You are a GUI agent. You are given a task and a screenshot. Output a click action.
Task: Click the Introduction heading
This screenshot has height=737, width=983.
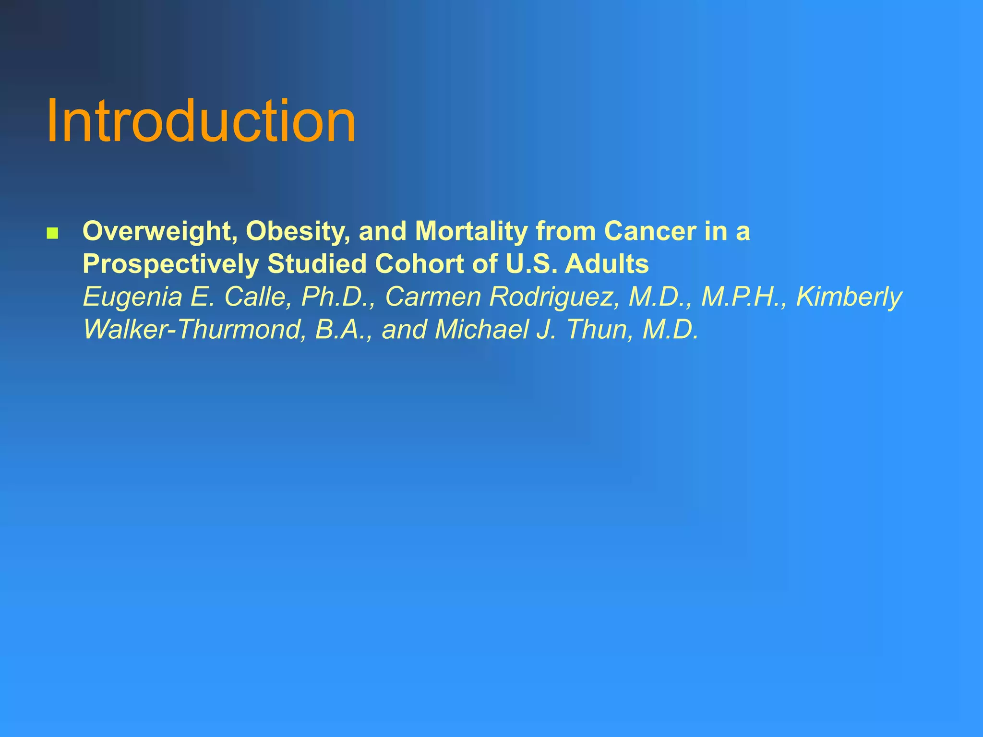coord(201,121)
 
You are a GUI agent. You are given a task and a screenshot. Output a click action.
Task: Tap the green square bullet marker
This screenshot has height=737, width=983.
coord(52,234)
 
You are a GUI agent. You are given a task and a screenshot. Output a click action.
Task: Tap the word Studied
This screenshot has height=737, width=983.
coord(317,264)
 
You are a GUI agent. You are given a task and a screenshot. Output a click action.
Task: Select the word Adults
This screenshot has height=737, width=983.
coord(607,264)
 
